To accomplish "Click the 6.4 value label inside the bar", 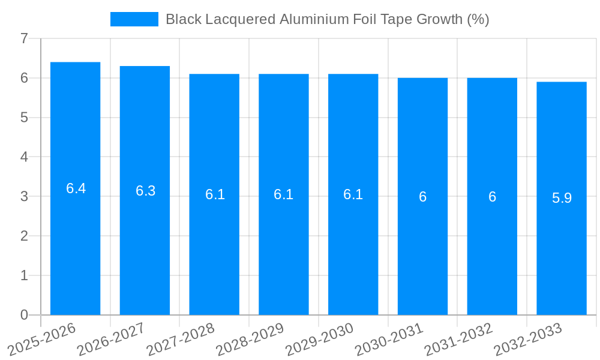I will (76, 188).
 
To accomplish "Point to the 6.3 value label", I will (145, 191).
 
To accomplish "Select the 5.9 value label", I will (562, 198).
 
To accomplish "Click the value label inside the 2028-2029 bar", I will (283, 194).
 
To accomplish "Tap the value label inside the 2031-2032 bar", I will (492, 197).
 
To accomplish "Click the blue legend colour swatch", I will (134, 19).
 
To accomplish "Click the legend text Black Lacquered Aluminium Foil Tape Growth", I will (327, 19).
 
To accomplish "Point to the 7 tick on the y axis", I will (24, 38).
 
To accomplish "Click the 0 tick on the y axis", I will (24, 315).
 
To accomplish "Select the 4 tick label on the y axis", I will (24, 157).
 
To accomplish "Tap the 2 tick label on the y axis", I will (24, 236).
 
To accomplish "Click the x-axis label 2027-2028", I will (181, 339).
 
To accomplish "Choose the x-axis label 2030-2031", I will (389, 339).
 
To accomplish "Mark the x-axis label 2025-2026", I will (42, 339).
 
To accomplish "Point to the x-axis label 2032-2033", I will (528, 339).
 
